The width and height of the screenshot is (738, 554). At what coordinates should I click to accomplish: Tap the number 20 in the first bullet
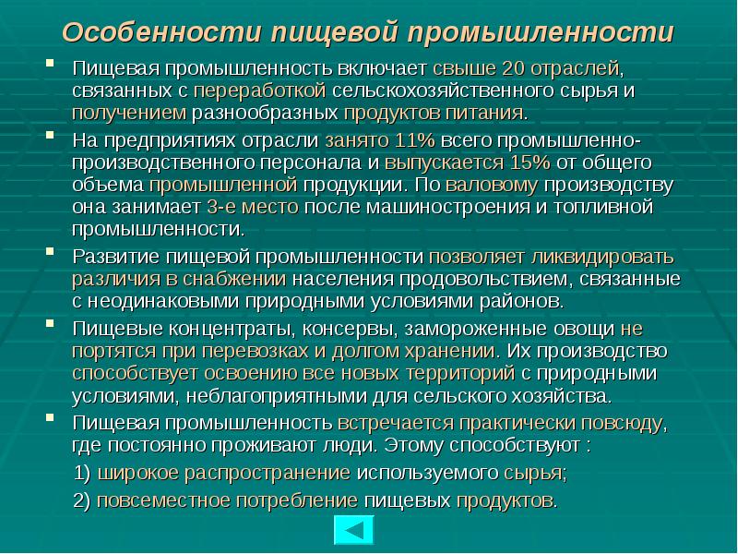tap(515, 68)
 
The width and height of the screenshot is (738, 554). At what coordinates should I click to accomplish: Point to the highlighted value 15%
tap(529, 162)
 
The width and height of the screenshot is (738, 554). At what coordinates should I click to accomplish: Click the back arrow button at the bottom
tap(353, 532)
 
